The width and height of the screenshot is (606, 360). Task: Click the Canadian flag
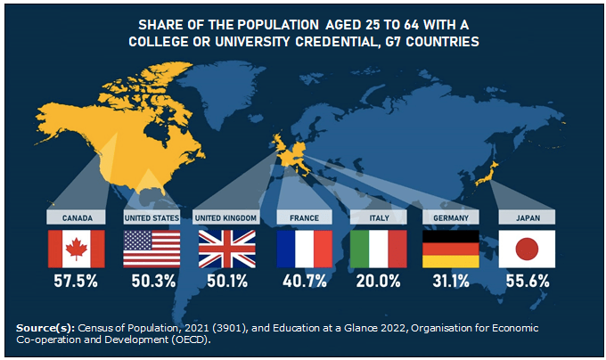point(76,249)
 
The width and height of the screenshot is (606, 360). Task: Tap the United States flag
point(151,249)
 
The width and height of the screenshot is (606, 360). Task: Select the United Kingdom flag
point(226,249)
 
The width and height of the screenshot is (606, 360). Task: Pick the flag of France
point(304,249)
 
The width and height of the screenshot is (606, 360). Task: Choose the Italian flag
point(378,249)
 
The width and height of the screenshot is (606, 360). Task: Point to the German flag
point(451,249)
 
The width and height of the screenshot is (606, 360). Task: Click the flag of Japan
point(527,249)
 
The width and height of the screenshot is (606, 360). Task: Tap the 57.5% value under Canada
point(76,282)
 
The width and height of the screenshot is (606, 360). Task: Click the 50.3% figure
point(151,282)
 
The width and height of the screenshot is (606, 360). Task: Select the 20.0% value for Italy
point(378,282)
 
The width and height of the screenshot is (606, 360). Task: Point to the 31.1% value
point(451,282)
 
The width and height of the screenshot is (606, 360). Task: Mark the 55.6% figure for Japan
point(527,282)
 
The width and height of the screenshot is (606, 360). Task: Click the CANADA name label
point(77,217)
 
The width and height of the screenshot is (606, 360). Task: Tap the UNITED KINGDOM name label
point(226,217)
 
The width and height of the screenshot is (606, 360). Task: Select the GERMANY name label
point(451,217)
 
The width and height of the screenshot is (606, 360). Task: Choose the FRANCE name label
point(304,217)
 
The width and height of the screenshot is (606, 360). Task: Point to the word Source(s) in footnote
point(45,329)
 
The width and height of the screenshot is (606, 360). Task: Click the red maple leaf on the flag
point(76,248)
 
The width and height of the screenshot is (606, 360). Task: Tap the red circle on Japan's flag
point(527,248)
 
